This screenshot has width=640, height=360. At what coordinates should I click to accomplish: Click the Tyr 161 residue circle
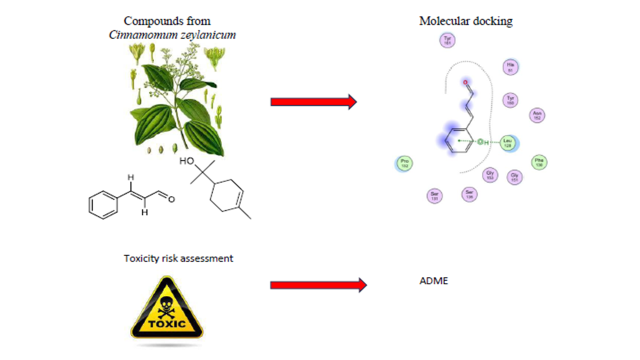[x=447, y=40]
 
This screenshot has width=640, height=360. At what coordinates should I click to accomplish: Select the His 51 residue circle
[x=510, y=67]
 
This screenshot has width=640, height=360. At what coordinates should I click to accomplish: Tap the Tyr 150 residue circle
[x=510, y=100]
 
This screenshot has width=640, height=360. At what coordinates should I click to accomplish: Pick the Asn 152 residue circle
[x=537, y=115]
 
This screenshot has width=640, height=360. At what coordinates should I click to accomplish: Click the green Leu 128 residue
[x=508, y=143]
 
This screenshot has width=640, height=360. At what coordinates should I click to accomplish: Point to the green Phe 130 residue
[x=539, y=162]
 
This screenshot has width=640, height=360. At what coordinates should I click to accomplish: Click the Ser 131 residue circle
[x=434, y=196]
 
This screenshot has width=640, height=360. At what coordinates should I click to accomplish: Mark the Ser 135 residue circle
[x=469, y=194]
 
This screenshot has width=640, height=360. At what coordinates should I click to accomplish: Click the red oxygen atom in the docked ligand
[x=466, y=82]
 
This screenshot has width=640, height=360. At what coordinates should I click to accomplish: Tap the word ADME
[x=433, y=281]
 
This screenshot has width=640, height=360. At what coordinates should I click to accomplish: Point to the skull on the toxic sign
[x=167, y=301]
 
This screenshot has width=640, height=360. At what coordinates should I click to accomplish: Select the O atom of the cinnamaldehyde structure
[x=171, y=199]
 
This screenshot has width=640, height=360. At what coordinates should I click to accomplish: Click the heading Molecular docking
[x=465, y=21]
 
